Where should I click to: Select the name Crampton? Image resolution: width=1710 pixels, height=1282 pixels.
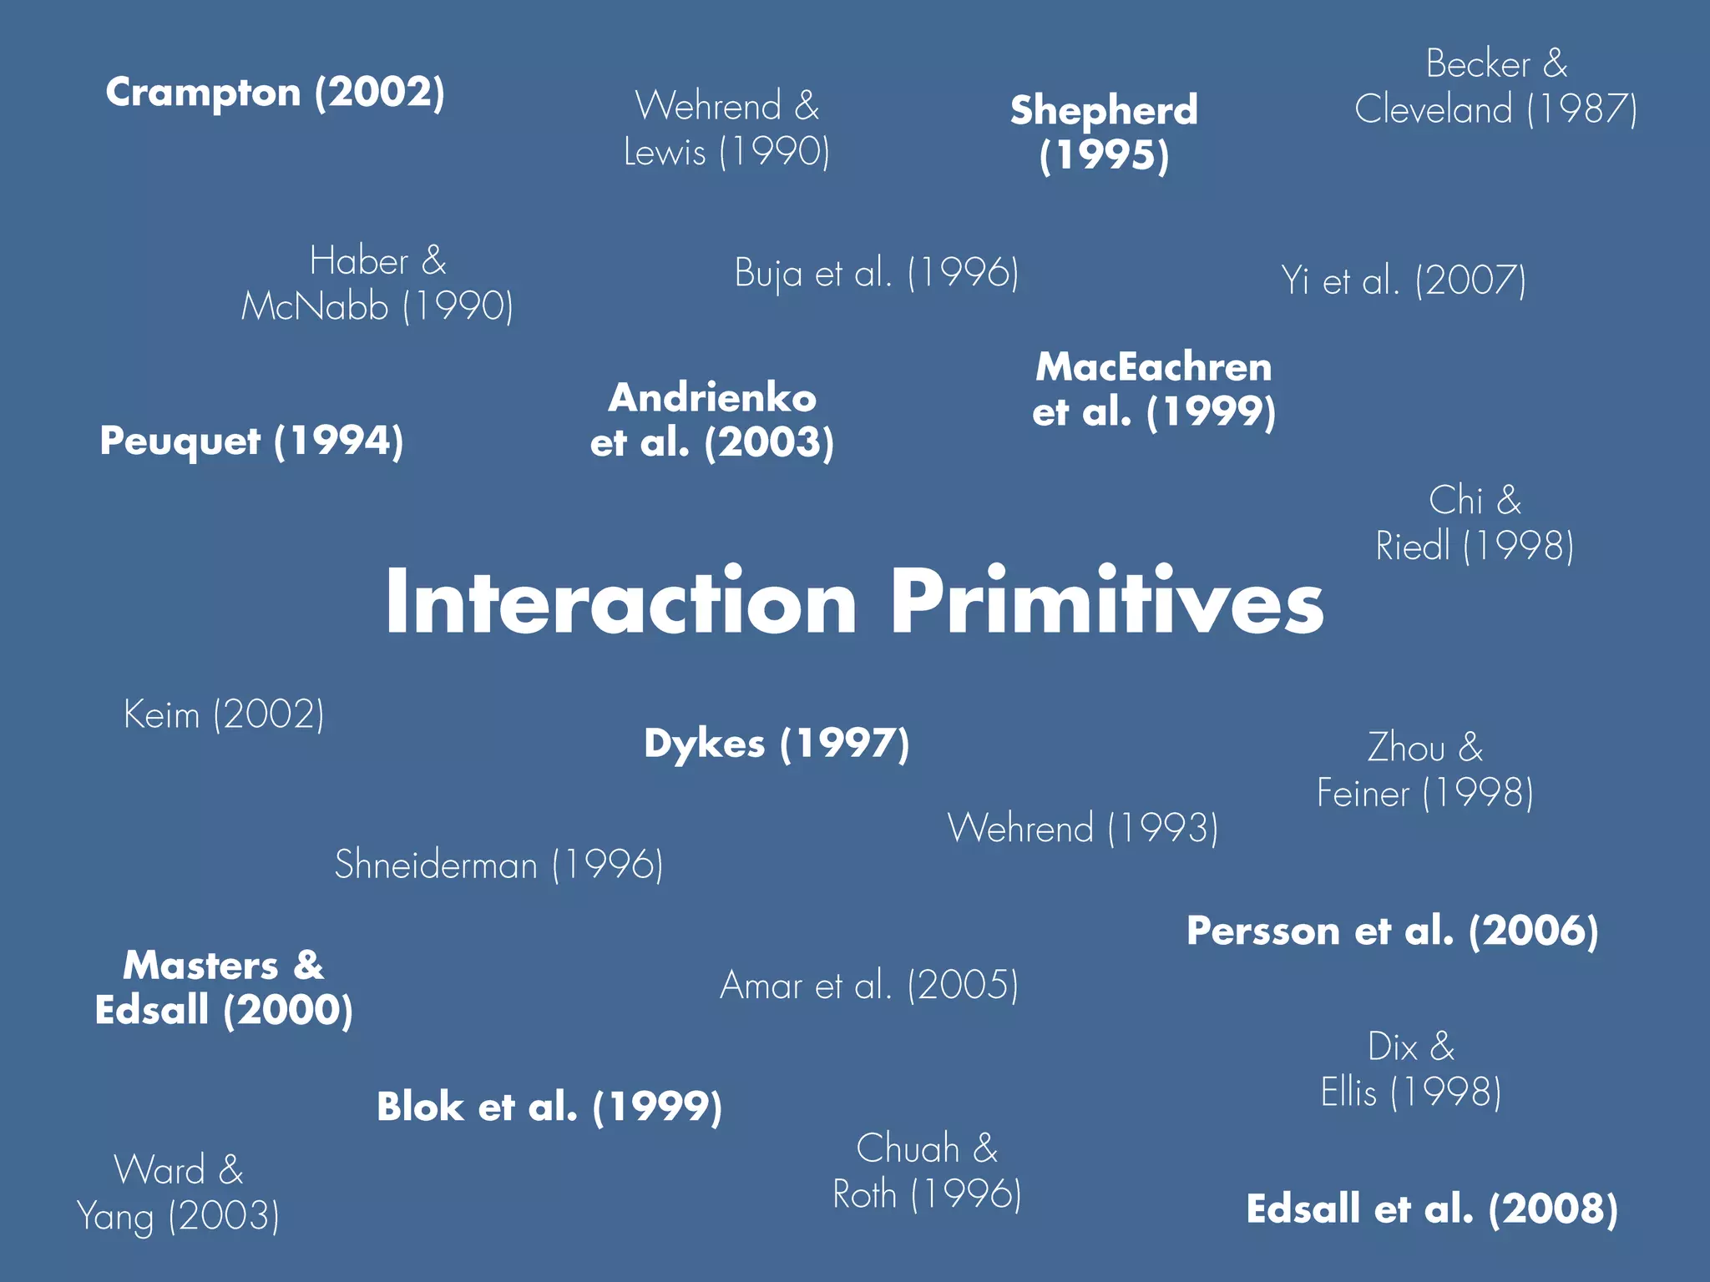click(203, 93)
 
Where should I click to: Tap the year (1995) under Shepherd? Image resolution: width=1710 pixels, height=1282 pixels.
click(1104, 155)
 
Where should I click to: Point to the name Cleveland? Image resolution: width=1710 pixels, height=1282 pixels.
click(1433, 109)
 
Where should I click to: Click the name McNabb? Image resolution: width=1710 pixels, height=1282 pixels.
click(315, 306)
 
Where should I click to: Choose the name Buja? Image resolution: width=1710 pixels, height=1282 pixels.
click(768, 274)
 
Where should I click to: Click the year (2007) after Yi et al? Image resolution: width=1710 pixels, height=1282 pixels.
click(1470, 280)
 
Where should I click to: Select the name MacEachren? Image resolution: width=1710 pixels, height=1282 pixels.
click(1154, 367)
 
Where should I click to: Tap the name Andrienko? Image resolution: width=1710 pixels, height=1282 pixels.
click(712, 398)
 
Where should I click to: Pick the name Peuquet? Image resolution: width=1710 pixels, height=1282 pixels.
click(180, 442)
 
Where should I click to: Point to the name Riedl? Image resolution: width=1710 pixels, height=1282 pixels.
click(1413, 547)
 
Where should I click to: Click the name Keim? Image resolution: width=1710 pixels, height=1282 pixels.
click(162, 714)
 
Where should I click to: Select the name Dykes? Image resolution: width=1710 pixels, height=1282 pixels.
click(704, 744)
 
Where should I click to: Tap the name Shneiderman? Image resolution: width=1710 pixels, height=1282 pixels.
click(436, 865)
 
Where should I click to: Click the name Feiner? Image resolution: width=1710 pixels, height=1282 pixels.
click(1363, 793)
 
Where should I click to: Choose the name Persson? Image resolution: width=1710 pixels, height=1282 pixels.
click(1262, 931)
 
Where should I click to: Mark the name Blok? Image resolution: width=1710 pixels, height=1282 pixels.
click(420, 1107)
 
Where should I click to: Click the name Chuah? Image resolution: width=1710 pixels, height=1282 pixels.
click(908, 1148)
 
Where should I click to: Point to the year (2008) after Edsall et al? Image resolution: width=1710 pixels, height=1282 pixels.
click(1553, 1209)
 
